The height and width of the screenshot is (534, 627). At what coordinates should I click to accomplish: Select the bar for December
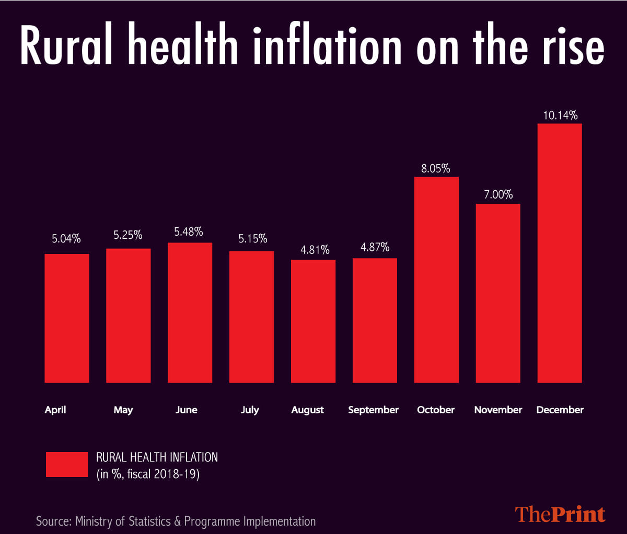560,253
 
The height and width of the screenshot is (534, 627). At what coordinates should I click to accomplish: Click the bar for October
436,280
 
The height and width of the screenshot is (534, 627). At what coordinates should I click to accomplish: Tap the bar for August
313,321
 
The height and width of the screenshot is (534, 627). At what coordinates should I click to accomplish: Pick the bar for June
190,312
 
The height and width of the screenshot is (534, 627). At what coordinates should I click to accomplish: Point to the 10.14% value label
560,115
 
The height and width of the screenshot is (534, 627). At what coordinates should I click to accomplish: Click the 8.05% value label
436,168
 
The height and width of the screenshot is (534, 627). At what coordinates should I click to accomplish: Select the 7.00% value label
498,194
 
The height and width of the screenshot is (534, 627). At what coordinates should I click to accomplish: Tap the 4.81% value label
315,250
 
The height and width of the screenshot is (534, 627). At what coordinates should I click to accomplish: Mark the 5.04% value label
66,239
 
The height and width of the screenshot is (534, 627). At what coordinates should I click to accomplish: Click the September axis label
373,410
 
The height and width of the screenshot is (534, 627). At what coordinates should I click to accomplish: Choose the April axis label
55,410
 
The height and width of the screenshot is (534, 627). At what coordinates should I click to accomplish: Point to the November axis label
498,410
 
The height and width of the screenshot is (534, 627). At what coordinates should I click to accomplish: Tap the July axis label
250,410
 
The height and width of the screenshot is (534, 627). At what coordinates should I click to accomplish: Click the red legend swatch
66,465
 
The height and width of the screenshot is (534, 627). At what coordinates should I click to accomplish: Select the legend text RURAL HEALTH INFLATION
157,457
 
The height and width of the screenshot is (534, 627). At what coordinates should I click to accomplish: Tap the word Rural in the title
66,47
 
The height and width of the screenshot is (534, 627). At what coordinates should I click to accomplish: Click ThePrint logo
560,514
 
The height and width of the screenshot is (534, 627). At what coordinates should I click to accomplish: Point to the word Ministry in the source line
96,521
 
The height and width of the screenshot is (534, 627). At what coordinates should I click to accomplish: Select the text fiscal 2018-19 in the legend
164,475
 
